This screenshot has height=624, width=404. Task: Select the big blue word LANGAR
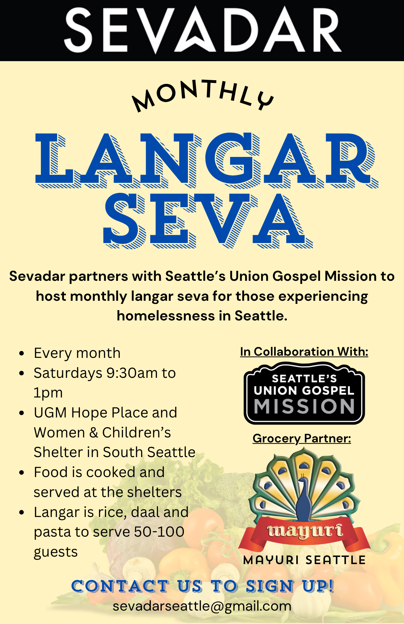pyautogui.click(x=206, y=160)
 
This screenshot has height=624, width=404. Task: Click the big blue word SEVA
pyautogui.click(x=208, y=220)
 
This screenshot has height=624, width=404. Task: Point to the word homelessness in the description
pyautogui.click(x=166, y=316)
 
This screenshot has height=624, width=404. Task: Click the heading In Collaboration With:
pyautogui.click(x=304, y=352)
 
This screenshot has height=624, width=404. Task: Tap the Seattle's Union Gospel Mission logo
pyautogui.click(x=304, y=393)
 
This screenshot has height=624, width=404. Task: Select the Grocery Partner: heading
pyautogui.click(x=302, y=438)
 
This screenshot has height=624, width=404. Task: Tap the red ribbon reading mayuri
pyautogui.click(x=304, y=532)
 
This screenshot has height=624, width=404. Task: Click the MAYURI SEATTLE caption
pyautogui.click(x=304, y=560)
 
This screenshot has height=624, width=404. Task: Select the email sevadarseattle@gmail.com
pyautogui.click(x=202, y=606)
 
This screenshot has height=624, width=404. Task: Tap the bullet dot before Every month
pyautogui.click(x=22, y=353)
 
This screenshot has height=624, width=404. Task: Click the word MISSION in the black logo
pyautogui.click(x=304, y=407)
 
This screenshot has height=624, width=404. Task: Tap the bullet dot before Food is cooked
pyautogui.click(x=22, y=473)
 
